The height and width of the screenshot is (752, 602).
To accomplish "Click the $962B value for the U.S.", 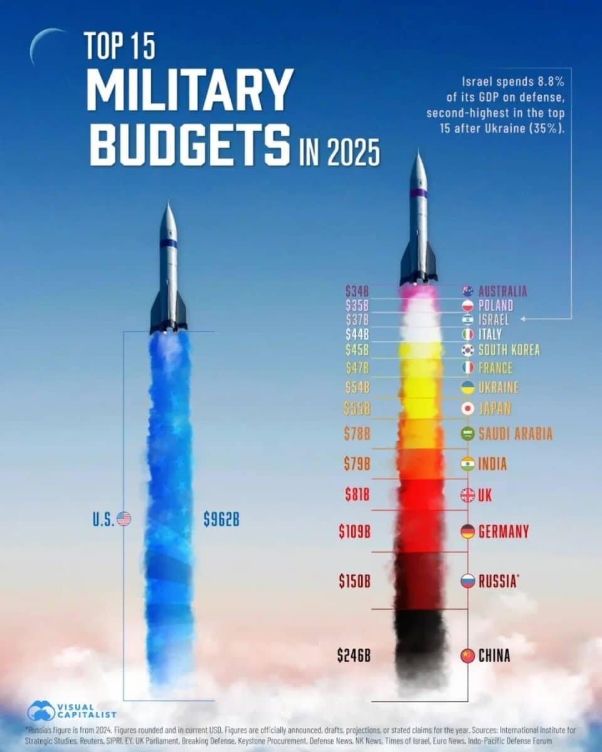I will (221, 520).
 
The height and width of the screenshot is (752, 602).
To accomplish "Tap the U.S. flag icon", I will (124, 519).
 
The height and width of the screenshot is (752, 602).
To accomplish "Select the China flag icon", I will (467, 656).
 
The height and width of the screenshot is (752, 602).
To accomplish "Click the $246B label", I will (354, 656).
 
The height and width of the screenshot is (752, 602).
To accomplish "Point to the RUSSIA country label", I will (498, 581).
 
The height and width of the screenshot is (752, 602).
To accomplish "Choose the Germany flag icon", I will (467, 532).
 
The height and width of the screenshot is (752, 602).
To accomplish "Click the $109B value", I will (354, 532).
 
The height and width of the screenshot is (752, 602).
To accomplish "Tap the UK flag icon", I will (467, 496).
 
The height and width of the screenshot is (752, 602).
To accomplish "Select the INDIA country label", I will (492, 464).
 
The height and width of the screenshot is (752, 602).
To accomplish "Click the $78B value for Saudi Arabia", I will (357, 433).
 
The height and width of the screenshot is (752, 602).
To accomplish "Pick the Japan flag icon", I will (467, 409).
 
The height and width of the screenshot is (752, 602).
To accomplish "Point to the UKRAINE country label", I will (499, 387).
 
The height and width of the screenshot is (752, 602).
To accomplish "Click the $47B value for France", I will (357, 368).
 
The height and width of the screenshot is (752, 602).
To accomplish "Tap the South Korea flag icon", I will (467, 350).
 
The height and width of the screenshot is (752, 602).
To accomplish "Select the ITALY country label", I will (490, 335).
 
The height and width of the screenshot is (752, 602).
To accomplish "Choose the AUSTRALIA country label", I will (502, 291).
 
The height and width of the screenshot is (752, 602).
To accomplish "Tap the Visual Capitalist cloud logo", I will (41, 711).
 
